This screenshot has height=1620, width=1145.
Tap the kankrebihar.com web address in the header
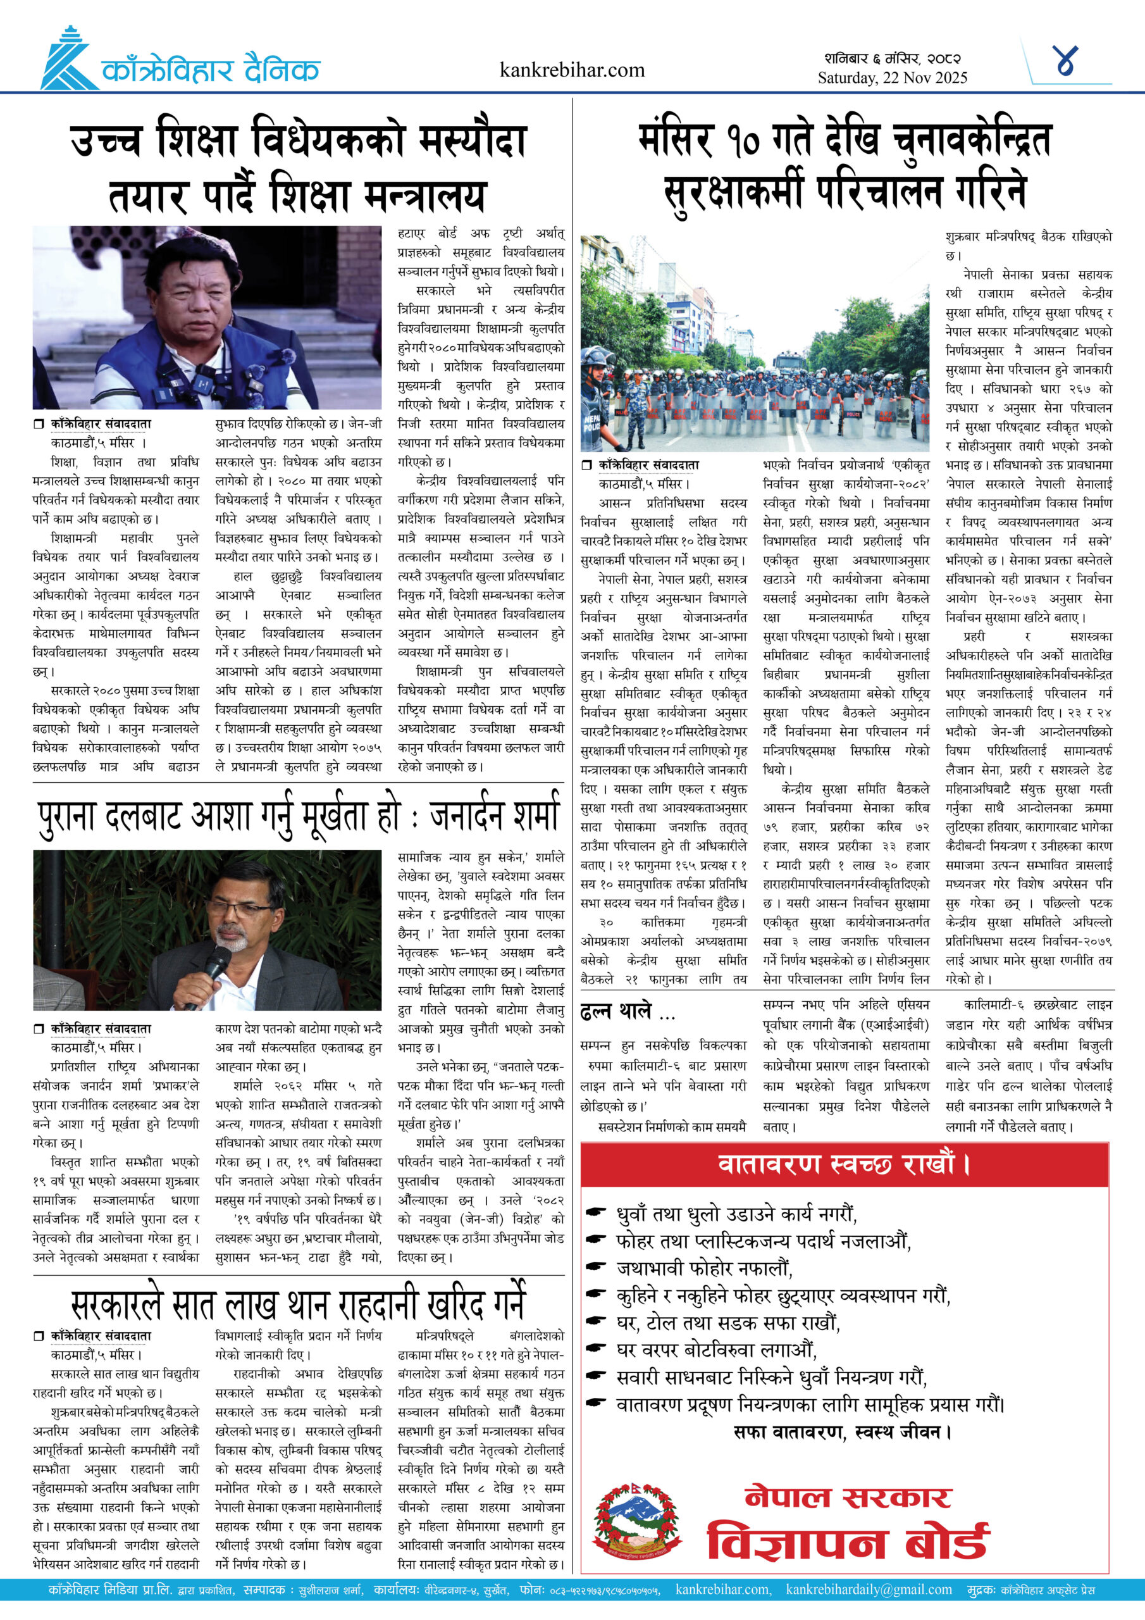[571, 70]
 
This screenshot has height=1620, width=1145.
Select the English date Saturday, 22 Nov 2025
[892, 78]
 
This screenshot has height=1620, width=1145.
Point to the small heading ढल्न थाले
[616, 1012]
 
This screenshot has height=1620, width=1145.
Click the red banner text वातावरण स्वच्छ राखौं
[843, 1164]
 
